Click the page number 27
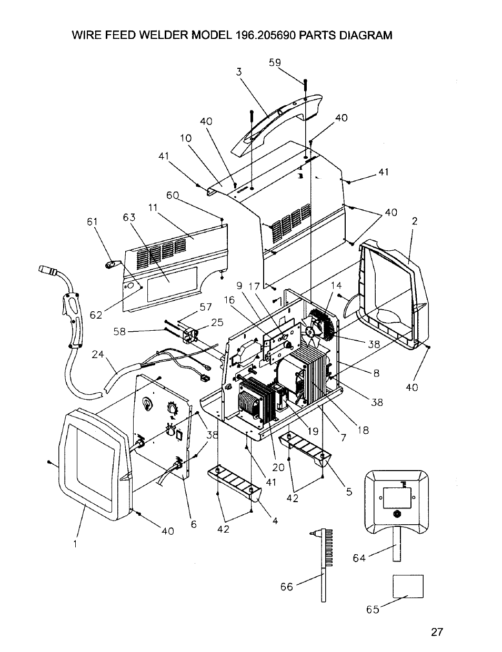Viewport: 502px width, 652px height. click(437, 632)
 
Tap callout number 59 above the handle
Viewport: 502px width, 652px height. click(275, 63)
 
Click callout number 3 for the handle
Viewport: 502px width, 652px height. click(239, 72)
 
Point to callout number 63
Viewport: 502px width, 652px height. click(129, 217)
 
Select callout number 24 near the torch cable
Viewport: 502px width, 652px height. click(97, 354)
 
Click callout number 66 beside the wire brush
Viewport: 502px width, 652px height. click(286, 587)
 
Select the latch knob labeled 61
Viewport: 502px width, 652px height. click(111, 264)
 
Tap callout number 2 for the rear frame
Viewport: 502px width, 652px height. click(414, 221)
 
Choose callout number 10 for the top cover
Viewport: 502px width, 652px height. click(186, 138)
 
